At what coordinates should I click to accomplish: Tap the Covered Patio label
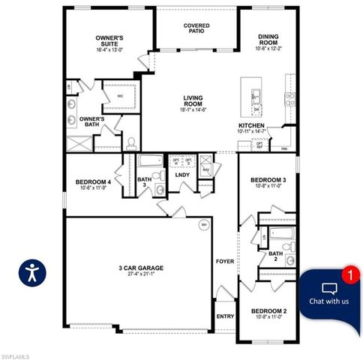point(196,28)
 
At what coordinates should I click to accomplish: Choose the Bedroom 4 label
point(93,182)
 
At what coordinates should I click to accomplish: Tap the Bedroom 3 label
point(268,181)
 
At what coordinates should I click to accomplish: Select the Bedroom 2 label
point(268,310)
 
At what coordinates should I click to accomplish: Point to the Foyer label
point(225,262)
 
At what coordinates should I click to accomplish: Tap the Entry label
point(225,316)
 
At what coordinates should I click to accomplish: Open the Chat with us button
point(329,295)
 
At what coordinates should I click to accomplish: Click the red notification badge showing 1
point(346,274)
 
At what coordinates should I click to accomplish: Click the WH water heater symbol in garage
point(202,224)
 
